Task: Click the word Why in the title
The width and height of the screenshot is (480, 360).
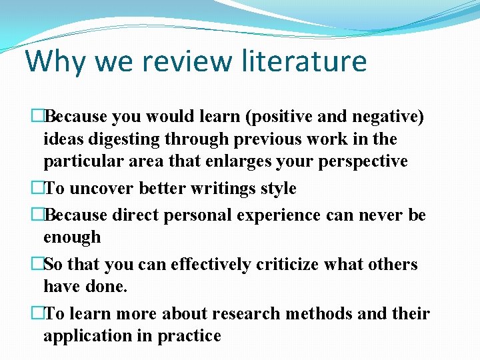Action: tap(56, 61)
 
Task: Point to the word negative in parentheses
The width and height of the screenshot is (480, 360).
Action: tap(387, 117)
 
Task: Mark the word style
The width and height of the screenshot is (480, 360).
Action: tap(279, 189)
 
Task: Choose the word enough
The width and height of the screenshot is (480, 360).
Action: tap(72, 237)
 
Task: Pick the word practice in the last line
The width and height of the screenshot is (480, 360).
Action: tap(189, 336)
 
